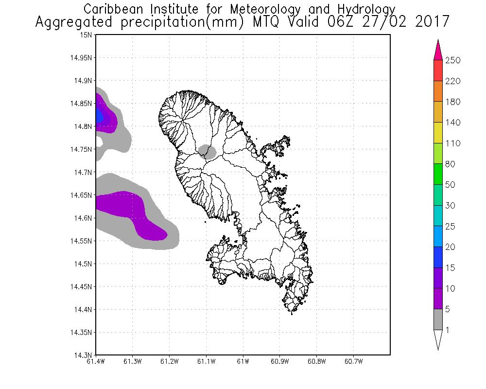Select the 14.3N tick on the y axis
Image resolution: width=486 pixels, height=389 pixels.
click(83, 355)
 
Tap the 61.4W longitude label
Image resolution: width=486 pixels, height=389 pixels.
click(96, 362)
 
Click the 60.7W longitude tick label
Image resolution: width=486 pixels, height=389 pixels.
click(353, 362)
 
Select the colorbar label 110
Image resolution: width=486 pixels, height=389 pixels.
click(452, 143)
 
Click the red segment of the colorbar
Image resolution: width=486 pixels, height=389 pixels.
click(438, 71)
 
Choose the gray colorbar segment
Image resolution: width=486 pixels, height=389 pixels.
click(438, 319)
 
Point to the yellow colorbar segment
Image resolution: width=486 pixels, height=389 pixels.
click(438, 133)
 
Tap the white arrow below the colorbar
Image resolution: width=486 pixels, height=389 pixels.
click(438, 339)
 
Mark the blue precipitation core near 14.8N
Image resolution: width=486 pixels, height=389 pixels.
click(99, 116)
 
